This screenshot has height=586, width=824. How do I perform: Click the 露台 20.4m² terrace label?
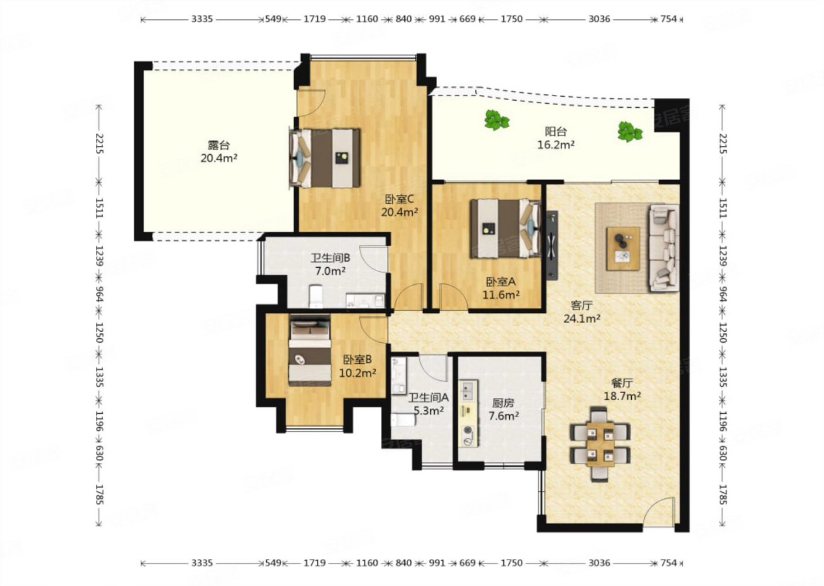click(219, 152)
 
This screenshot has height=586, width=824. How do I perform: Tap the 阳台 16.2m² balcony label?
click(556, 138)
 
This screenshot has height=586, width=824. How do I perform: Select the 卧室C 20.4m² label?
click(400, 205)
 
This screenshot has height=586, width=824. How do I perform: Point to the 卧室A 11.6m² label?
click(501, 288)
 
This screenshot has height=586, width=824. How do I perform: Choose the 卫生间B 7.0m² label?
click(331, 264)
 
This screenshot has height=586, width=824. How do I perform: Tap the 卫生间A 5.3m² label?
click(428, 404)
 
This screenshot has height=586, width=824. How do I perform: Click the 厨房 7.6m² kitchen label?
click(503, 410)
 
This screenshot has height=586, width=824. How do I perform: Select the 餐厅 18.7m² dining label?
click(622, 390)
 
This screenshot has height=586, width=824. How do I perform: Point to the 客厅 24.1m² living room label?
click(582, 312)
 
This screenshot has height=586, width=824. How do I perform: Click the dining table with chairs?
click(600, 444)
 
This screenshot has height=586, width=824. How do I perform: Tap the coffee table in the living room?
click(623, 248)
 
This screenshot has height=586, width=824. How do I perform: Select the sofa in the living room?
click(664, 248)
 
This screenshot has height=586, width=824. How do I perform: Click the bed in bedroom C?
click(325, 158)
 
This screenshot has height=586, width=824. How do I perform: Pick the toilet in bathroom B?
click(316, 296)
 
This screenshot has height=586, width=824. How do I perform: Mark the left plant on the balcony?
click(497, 120)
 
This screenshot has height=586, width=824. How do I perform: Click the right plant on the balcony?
click(630, 132)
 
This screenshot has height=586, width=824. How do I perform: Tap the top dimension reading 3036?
click(599, 19)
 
